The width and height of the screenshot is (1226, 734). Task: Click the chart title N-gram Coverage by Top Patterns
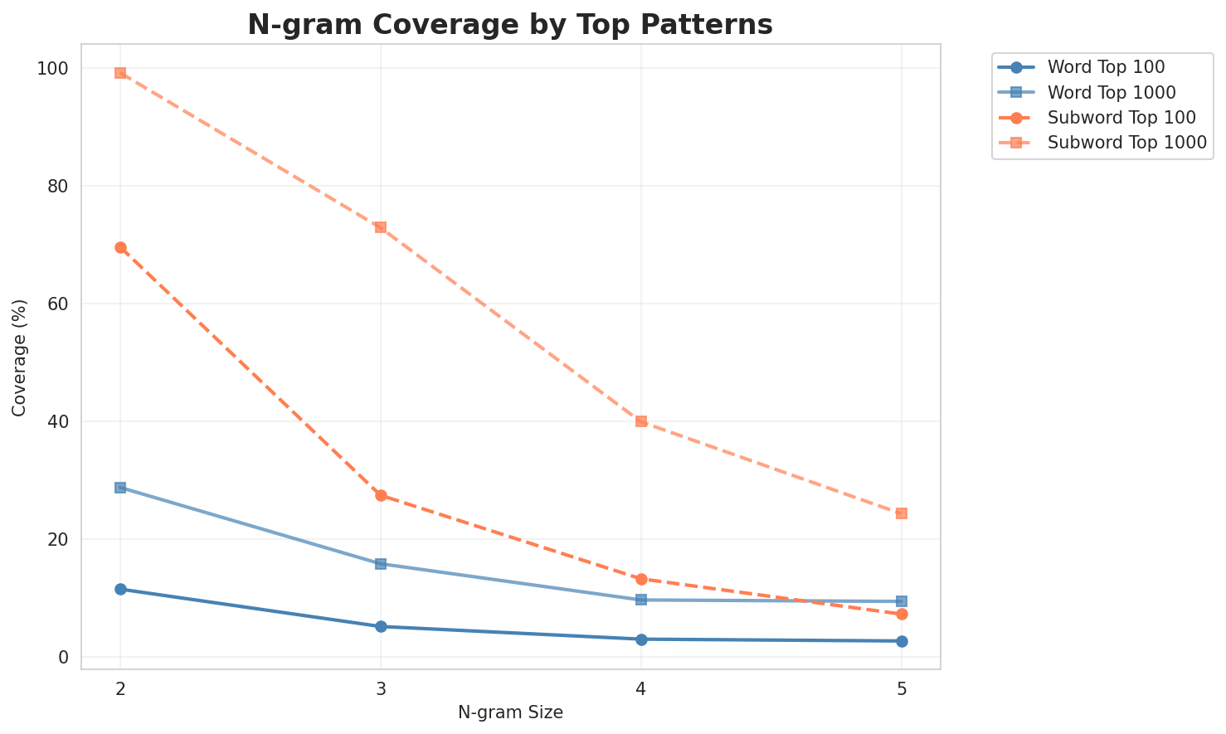(510, 25)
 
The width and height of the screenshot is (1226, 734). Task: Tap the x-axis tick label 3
(381, 688)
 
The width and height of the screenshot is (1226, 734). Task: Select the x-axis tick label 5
(902, 688)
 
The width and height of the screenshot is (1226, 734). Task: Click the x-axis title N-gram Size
(510, 712)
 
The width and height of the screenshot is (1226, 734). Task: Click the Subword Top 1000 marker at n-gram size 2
(120, 73)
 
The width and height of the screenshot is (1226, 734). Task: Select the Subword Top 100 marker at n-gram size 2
(120, 247)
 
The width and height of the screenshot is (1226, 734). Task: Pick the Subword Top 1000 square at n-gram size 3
(381, 227)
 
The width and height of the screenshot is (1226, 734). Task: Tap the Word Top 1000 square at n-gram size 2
(120, 488)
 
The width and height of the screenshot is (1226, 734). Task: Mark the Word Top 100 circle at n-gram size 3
(381, 626)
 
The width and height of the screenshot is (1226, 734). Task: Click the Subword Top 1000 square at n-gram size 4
(641, 421)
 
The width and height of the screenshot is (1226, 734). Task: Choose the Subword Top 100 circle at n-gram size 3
(381, 495)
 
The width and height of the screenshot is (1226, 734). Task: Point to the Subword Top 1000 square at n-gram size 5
(902, 513)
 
